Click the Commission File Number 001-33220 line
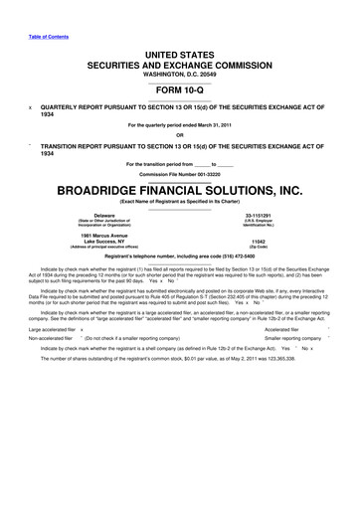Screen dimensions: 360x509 point(181,173)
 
